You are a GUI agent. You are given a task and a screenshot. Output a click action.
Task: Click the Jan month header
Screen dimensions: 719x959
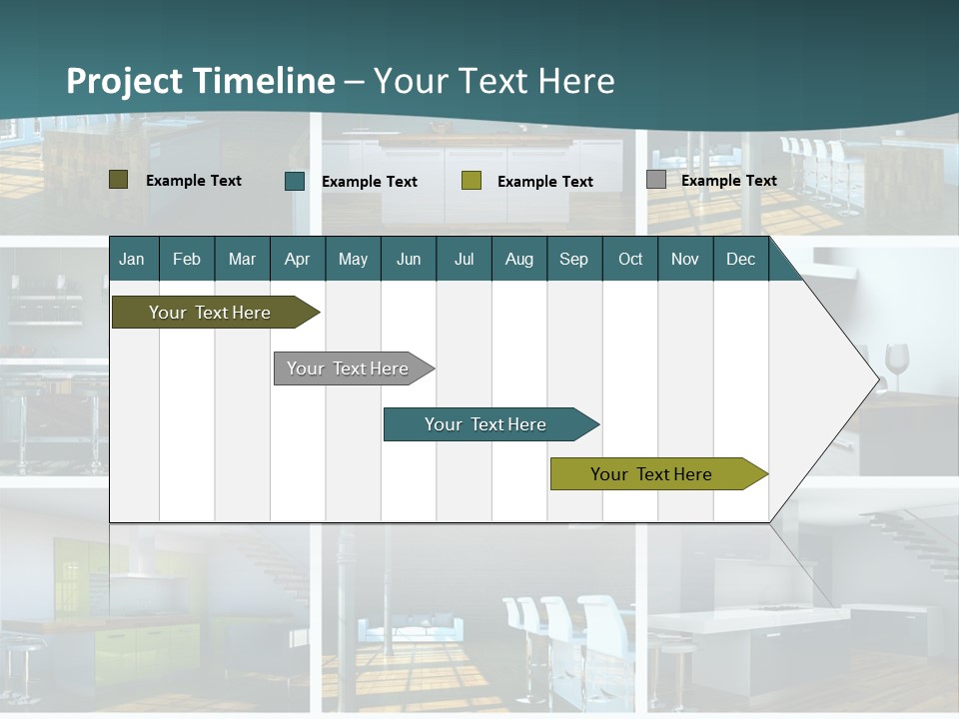(x=132, y=259)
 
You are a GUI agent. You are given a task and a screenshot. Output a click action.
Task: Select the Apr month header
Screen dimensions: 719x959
(x=297, y=259)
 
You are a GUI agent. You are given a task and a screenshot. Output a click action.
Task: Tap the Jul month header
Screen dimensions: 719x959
(x=464, y=259)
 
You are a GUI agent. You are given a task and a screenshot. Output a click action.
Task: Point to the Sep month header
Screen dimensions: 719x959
(x=573, y=259)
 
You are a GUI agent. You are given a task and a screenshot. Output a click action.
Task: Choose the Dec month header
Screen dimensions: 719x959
(x=740, y=259)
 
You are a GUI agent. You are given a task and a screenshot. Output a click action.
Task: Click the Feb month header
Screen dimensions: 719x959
(x=187, y=259)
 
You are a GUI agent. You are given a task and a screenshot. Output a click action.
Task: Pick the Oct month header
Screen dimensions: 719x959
(x=630, y=259)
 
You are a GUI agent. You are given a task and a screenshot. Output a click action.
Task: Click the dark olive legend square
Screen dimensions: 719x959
(x=119, y=180)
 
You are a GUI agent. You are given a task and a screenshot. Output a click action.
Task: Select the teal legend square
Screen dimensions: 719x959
(x=295, y=181)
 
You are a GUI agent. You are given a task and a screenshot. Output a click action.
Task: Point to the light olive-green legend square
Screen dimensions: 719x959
(x=472, y=181)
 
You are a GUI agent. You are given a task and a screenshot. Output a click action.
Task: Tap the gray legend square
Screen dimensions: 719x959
(x=656, y=180)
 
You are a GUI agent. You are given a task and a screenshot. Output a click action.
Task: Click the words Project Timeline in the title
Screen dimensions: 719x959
(x=200, y=81)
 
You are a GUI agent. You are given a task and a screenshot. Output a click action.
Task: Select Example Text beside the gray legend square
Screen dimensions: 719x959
(x=728, y=181)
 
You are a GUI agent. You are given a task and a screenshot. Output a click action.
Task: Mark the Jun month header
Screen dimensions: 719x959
(x=409, y=259)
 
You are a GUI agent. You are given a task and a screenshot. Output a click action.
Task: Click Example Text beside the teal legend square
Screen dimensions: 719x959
(x=369, y=182)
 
